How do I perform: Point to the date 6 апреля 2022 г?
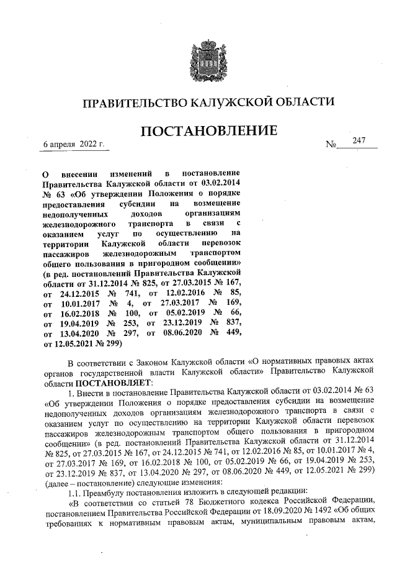pyautogui.click(x=73, y=145)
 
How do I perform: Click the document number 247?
pyautogui.click(x=359, y=141)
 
